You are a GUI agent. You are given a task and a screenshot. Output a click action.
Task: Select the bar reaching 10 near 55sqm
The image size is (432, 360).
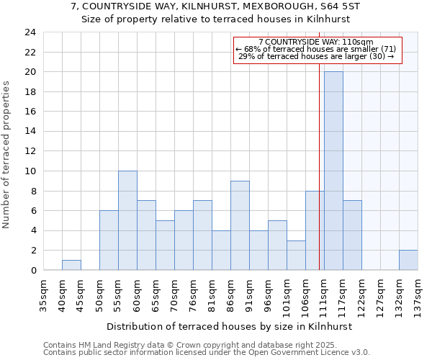tap(127, 220)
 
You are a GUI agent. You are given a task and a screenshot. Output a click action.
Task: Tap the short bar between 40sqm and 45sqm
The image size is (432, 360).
tap(71, 265)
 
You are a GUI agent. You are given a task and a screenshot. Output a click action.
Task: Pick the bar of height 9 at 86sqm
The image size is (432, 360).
tap(240, 225)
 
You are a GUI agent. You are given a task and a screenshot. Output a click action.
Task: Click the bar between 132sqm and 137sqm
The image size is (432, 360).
tap(408, 260)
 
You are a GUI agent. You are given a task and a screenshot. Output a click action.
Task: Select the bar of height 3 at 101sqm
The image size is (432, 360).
tap(296, 255)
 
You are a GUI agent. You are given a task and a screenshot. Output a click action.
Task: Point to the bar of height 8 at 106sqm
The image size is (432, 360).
tap(315, 230)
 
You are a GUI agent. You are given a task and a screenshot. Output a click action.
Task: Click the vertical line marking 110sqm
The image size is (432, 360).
tap(319, 166)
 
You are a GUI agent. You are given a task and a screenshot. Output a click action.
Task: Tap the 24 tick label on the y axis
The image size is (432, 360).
tap(30, 32)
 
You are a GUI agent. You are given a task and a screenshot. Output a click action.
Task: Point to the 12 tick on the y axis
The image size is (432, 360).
tap(30, 151)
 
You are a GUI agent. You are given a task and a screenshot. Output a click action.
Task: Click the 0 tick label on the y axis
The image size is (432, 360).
tap(33, 270)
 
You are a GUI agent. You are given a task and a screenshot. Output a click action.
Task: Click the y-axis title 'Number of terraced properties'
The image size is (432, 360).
tap(6, 154)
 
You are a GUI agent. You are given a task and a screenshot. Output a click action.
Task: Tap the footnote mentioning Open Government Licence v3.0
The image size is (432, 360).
tap(206, 353)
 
